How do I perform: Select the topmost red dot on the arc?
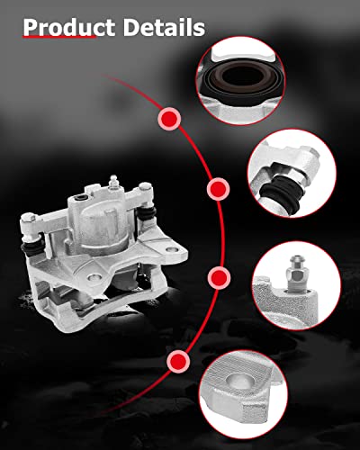click(167, 118)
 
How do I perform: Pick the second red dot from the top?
click(217, 190)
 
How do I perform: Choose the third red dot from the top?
click(217, 276)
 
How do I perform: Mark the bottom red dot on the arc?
click(178, 362)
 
